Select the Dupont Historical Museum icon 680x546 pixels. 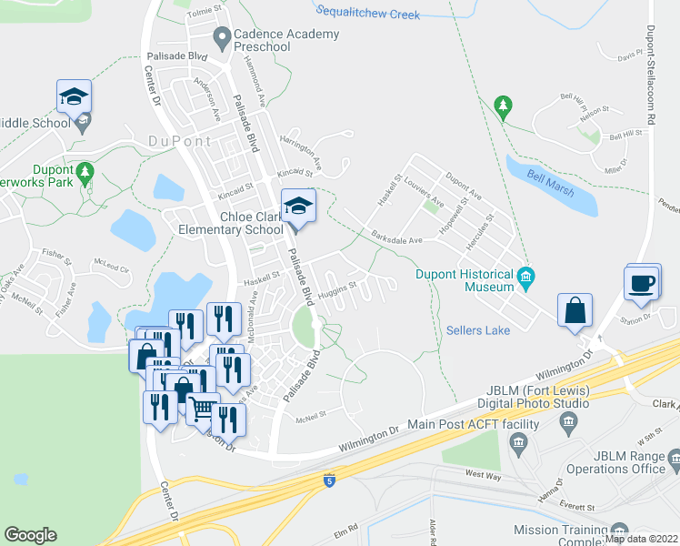click(x=525, y=277)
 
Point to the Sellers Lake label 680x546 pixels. click(x=478, y=330)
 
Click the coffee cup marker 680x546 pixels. click(x=643, y=282)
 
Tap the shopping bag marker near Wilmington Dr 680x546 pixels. click(x=575, y=311)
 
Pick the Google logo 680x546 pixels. click(x=30, y=535)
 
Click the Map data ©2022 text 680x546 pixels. click(x=641, y=539)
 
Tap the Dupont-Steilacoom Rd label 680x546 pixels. click(x=652, y=86)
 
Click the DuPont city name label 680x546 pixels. click(x=179, y=141)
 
